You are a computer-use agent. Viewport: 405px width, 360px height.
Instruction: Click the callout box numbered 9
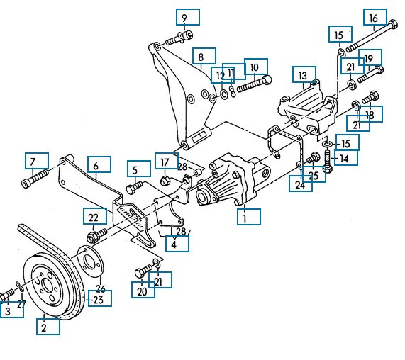[188, 17]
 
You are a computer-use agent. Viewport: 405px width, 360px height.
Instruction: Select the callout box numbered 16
[375, 17]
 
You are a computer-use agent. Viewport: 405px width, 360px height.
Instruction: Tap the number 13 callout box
[304, 74]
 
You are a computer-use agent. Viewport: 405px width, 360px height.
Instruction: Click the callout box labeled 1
[249, 217]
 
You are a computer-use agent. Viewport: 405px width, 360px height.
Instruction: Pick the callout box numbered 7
[37, 161]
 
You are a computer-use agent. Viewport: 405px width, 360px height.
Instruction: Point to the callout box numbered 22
[95, 216]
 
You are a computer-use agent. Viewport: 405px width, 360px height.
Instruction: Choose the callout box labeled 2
[48, 327]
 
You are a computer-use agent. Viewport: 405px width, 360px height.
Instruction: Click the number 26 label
[101, 288]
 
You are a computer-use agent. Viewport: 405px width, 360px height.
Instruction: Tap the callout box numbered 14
[346, 158]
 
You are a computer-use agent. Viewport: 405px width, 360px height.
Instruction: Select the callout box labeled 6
[99, 164]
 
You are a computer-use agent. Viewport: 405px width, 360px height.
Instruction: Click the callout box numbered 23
[100, 298]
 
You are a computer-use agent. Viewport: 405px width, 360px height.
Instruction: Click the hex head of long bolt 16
[393, 25]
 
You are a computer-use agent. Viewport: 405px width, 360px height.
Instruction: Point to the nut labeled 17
[165, 181]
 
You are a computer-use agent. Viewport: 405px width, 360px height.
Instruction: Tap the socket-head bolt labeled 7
[35, 178]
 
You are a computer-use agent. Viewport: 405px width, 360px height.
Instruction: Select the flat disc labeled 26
[90, 261]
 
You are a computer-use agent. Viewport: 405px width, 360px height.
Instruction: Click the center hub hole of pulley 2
[47, 286]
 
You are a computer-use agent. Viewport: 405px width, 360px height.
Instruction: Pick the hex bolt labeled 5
[134, 188]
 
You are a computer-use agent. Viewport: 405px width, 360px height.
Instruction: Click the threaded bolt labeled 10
[255, 84]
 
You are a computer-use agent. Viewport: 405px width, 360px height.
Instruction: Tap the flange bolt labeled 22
[97, 235]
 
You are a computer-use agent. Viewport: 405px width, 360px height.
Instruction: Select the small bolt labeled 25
[314, 158]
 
